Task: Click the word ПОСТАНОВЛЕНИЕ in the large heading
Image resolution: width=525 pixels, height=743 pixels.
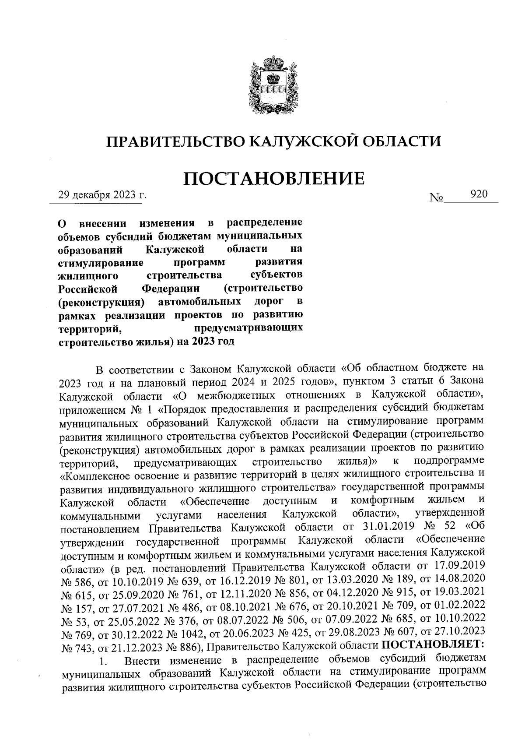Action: pyautogui.click(x=273, y=179)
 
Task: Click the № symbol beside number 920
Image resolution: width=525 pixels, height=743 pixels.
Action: pyautogui.click(x=436, y=198)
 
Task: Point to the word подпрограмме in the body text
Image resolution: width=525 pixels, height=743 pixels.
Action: pyautogui.click(x=449, y=461)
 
